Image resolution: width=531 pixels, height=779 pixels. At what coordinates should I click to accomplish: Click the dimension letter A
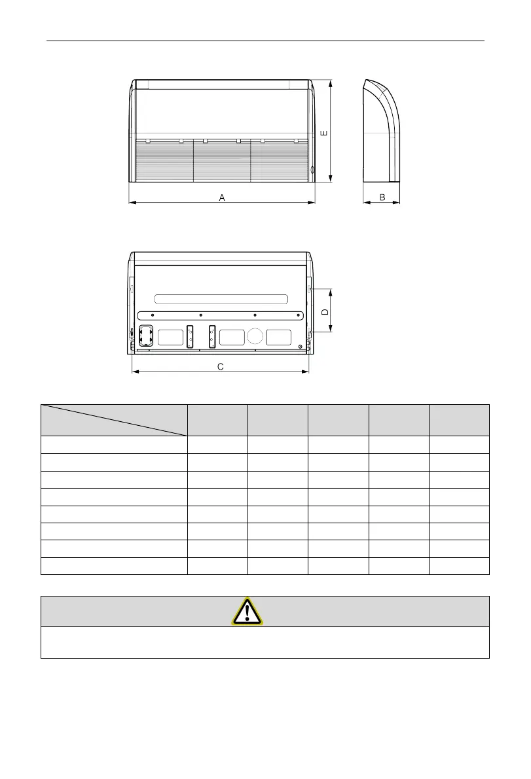tap(222, 198)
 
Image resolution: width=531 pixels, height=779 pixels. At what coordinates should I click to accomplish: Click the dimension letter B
tap(382, 198)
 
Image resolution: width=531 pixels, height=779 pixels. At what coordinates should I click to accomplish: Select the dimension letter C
tap(221, 367)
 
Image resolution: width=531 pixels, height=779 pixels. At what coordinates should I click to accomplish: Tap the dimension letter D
tap(325, 312)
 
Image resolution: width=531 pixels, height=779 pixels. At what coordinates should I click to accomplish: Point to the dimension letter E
tap(324, 133)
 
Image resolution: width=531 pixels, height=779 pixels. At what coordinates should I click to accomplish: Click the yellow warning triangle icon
tap(247, 611)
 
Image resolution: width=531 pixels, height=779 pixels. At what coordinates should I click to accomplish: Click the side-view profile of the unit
tap(381, 131)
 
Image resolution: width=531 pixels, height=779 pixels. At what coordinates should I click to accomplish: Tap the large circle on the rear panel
tap(255, 336)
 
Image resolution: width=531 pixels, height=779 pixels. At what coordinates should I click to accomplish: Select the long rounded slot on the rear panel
tap(221, 299)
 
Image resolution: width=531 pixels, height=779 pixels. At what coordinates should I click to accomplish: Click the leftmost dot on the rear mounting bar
tap(153, 315)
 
